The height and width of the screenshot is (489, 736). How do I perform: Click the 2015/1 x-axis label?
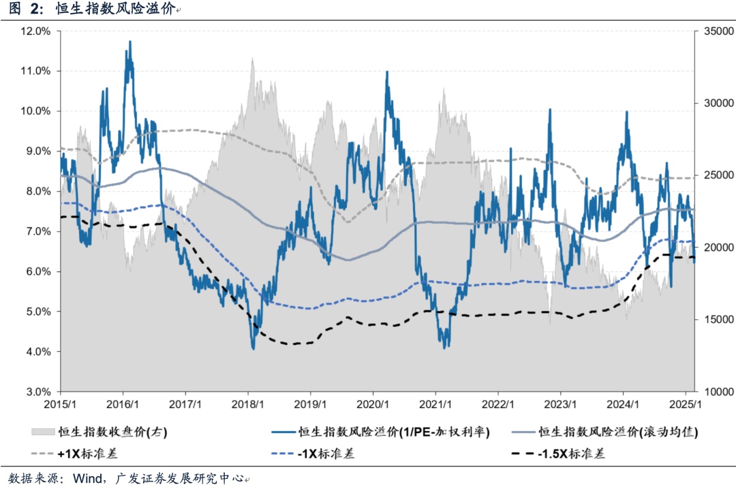tap(60, 404)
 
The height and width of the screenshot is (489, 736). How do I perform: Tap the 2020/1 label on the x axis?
tap(373, 404)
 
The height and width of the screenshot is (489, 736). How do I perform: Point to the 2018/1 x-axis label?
tap(248, 404)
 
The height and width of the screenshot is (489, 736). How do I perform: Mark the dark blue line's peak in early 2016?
tap(129, 42)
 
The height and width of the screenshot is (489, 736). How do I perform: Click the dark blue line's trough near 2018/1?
tap(254, 349)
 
